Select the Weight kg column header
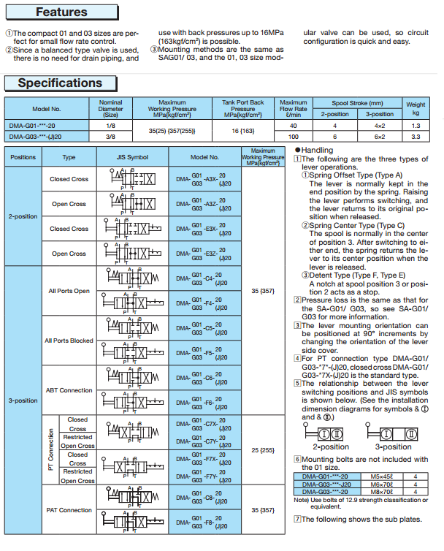[x=416, y=109]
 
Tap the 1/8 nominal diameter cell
[x=110, y=125]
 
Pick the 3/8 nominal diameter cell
[x=110, y=136]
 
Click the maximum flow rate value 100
[x=294, y=136]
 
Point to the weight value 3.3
[x=416, y=136]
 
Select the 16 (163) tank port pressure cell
[x=243, y=130]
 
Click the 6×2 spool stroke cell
[x=379, y=136]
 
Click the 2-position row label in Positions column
[x=23, y=216]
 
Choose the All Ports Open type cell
[x=69, y=291]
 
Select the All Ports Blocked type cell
[x=69, y=341]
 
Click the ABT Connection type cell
[x=69, y=390]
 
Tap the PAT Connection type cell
[x=69, y=510]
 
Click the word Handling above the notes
[x=318, y=150]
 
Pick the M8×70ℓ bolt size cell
[x=378, y=491]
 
